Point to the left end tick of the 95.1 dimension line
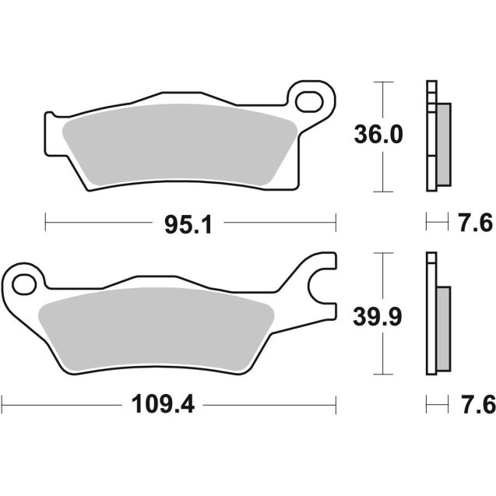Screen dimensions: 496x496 [x=46, y=223]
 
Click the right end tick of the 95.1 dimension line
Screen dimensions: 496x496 [x=336, y=223]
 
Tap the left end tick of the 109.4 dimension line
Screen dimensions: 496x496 [x=3, y=404]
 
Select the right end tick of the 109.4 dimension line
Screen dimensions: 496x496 [x=336, y=404]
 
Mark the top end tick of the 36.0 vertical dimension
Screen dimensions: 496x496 [x=381, y=82]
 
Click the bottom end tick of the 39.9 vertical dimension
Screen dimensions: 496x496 [x=381, y=373]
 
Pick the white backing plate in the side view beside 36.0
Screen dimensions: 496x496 [x=430, y=136]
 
